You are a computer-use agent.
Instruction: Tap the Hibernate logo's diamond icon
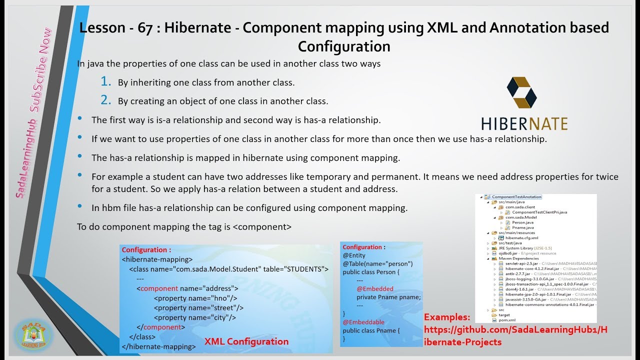pyautogui.click(x=521, y=92)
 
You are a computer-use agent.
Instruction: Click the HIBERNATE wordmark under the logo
pyautogui.click(x=524, y=123)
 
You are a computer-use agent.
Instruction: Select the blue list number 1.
pyautogui.click(x=105, y=82)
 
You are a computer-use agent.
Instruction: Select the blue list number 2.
pyautogui.click(x=105, y=100)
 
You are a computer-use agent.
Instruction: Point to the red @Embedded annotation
pyautogui.click(x=375, y=288)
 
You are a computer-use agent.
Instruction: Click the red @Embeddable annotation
pyautogui.click(x=363, y=322)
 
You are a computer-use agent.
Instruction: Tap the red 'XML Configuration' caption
pyautogui.click(x=246, y=341)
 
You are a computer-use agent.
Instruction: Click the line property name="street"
pyautogui.click(x=198, y=307)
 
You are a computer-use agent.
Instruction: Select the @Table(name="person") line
pyautogui.click(x=377, y=263)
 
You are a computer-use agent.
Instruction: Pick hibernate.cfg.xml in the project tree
pyautogui.click(x=521, y=238)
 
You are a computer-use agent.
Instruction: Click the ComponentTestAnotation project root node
pyautogui.click(x=516, y=197)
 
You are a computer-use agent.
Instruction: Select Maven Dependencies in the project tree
pyautogui.click(x=515, y=258)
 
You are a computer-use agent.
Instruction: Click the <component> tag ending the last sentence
pyautogui.click(x=262, y=226)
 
